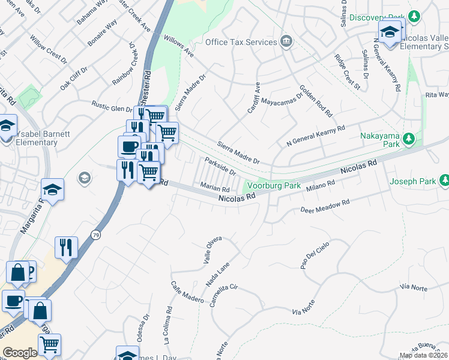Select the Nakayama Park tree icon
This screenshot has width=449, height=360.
coord(409,140)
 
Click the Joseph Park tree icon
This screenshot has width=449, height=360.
coord(444,180)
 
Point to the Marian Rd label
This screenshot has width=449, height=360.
coord(215,188)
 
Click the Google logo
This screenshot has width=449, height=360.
coord(20,353)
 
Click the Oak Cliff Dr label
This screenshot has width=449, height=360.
coord(73,78)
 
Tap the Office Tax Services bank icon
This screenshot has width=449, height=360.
coord(286,42)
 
